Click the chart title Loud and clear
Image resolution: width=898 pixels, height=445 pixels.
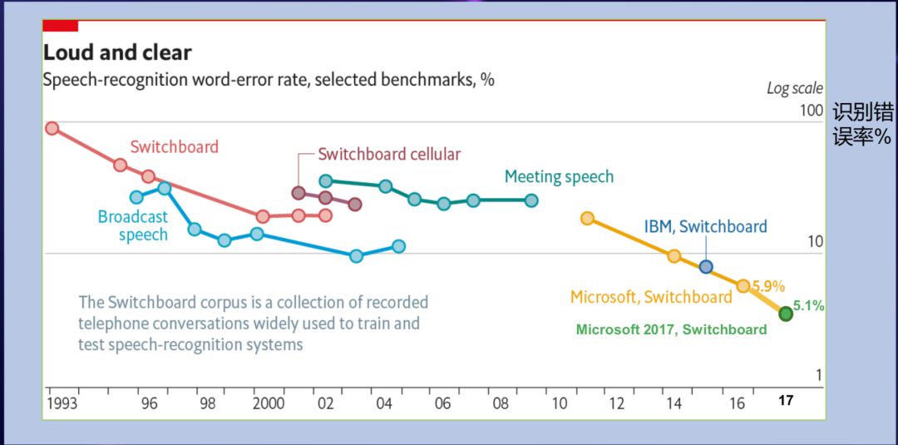tap(117, 53)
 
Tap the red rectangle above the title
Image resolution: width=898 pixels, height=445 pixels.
tap(60, 26)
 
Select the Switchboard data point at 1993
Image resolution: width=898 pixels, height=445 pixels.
tap(52, 128)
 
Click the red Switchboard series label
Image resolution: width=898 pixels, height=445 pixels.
tap(174, 147)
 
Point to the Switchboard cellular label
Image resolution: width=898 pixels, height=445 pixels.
tap(389, 154)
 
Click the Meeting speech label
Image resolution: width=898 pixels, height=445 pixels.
tap(559, 176)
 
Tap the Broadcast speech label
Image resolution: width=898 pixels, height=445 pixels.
tap(133, 225)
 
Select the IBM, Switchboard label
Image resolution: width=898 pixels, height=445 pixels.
tap(705, 226)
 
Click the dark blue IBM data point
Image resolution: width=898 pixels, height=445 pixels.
tap(706, 267)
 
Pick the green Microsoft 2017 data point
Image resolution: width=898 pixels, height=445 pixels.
tap(786, 314)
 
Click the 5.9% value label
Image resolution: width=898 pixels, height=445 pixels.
tap(769, 286)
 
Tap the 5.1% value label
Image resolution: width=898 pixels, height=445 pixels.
tap(808, 306)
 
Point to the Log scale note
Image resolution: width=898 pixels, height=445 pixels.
tap(795, 88)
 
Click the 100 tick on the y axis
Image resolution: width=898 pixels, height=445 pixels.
tap(810, 111)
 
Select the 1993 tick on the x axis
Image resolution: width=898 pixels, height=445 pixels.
tap(63, 403)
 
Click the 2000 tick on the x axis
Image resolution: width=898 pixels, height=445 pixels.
tap(268, 403)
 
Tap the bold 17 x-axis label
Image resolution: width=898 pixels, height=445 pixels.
tap(786, 401)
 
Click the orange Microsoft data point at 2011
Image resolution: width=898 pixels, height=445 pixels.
tap(587, 218)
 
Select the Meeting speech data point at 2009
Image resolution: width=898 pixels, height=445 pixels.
tap(531, 200)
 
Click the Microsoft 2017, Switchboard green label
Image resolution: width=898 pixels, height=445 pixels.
tap(671, 329)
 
